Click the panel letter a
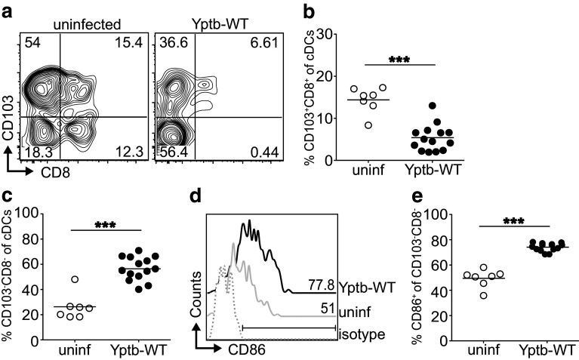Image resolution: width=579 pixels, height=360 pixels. coord(8,10)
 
